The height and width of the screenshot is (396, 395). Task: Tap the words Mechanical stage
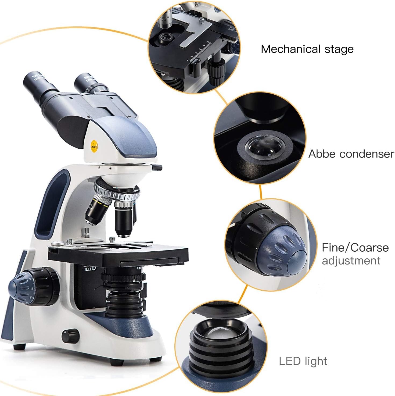click(307, 49)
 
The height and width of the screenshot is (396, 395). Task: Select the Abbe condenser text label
click(351, 154)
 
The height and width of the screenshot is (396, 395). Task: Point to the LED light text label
click(303, 361)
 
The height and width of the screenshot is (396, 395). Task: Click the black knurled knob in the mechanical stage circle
click(216, 70)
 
